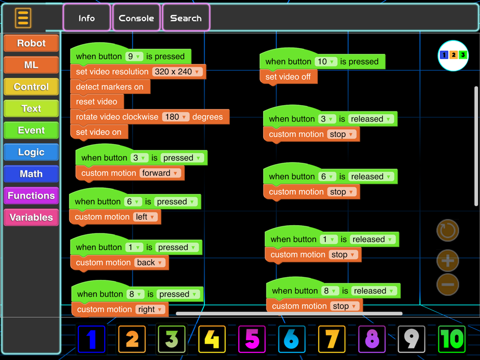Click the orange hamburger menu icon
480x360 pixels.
pos(23,18)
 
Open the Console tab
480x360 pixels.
pos(136,18)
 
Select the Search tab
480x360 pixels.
pos(186,18)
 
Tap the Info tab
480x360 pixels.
pos(86,18)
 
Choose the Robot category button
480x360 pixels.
pos(31,43)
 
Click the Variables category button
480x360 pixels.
pos(31,217)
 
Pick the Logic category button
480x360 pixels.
pos(31,152)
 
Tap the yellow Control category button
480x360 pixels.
pos(31,86)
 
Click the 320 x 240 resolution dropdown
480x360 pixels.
pos(177,72)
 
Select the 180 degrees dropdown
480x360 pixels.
pos(176,117)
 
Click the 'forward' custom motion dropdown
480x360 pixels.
pos(160,173)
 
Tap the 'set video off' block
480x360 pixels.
pos(288,77)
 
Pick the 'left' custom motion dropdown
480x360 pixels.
pos(145,217)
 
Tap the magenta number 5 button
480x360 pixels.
pos(252,339)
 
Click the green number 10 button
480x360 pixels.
pos(452,339)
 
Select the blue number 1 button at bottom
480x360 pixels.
pos(92,339)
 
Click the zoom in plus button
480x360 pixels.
pos(447,261)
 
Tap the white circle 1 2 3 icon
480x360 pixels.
pos(453,55)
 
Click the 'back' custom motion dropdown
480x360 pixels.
pos(150,263)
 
